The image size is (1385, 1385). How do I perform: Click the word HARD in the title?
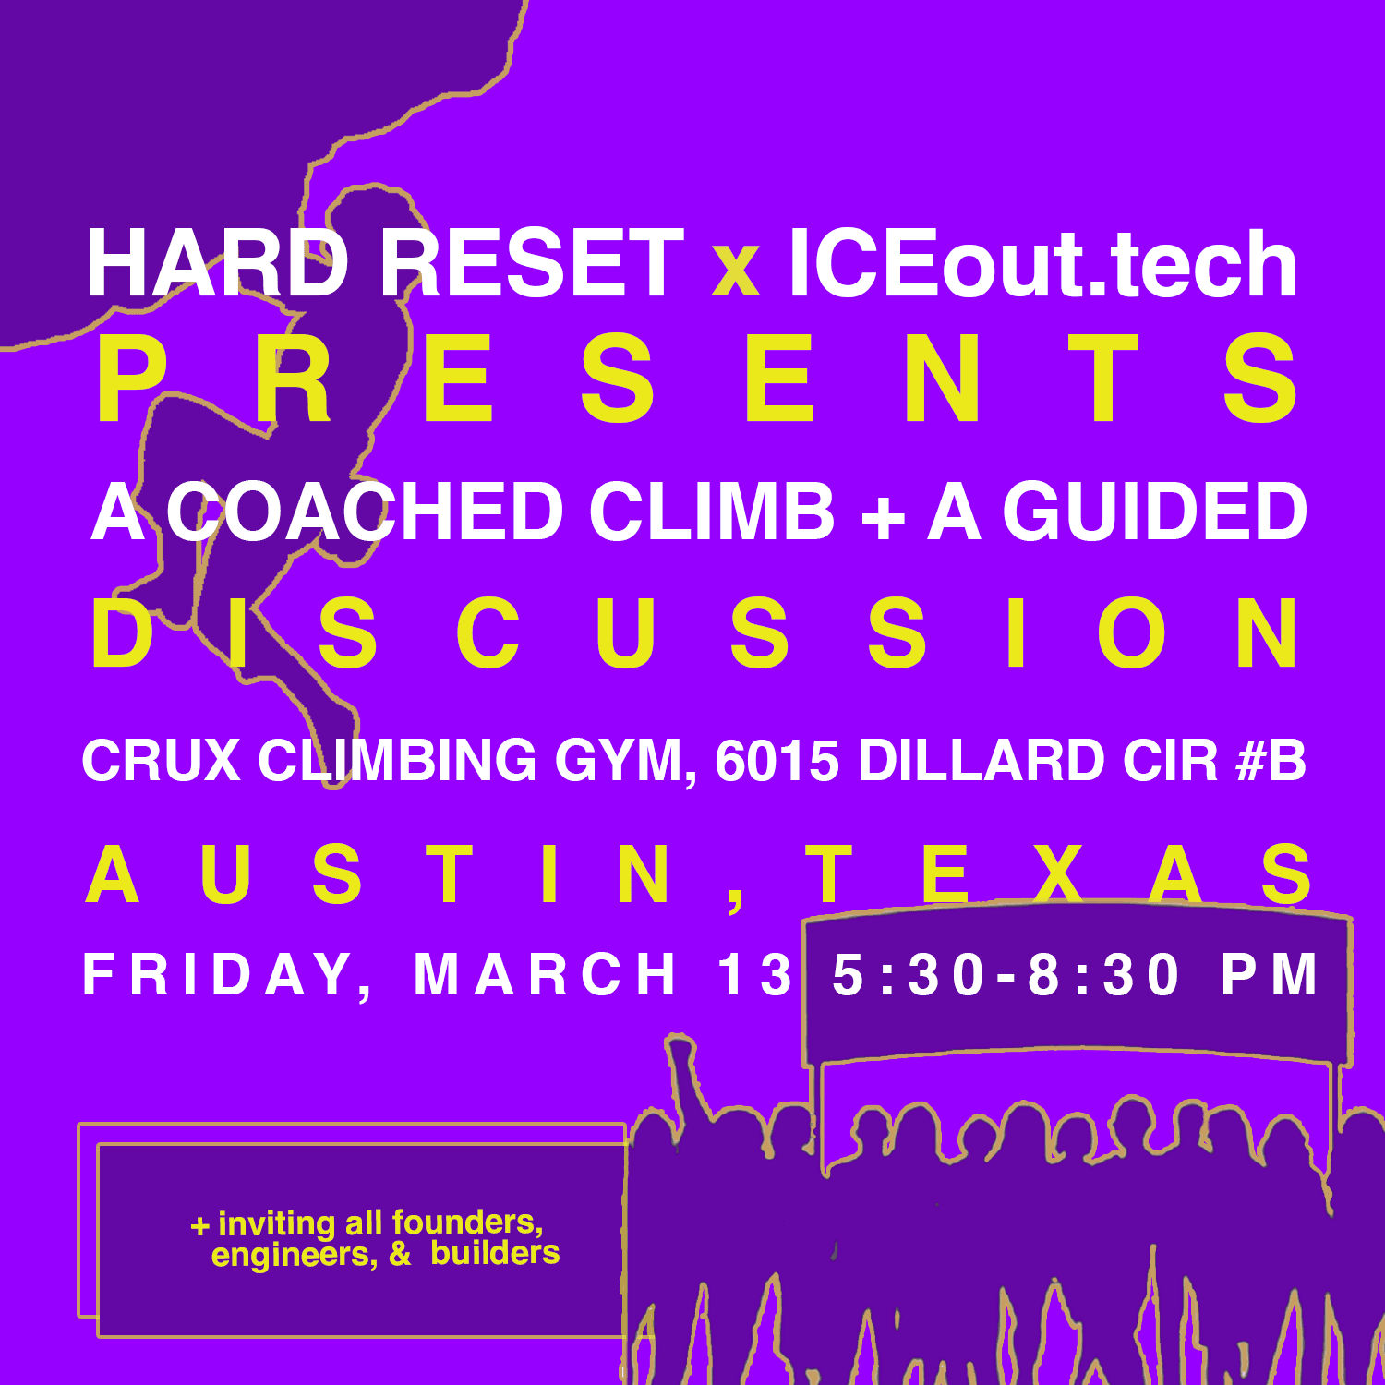[217, 264]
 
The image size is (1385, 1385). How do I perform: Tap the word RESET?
[532, 264]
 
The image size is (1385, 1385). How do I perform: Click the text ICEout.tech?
[1042, 264]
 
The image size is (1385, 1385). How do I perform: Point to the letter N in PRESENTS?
[941, 380]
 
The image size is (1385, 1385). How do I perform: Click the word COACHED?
[366, 512]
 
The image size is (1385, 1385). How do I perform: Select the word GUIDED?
[1155, 512]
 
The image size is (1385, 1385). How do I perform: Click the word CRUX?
[161, 761]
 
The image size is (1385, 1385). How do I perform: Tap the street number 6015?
[777, 762]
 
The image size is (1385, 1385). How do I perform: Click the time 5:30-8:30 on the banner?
[1006, 975]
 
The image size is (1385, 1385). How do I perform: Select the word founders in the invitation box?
[467, 1222]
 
